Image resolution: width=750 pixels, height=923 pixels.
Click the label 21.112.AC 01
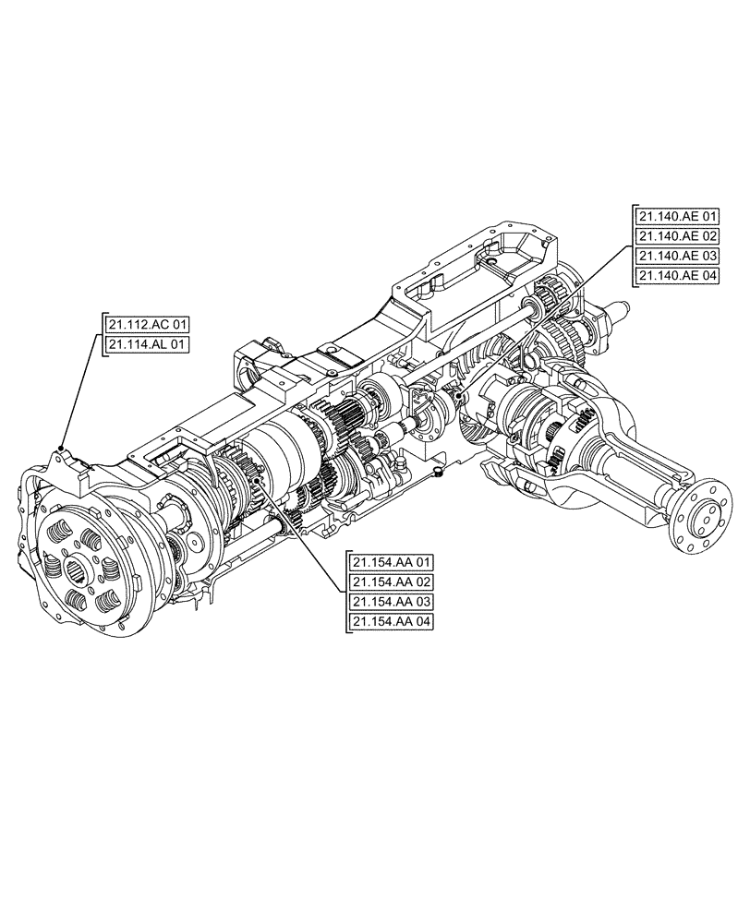[148, 324]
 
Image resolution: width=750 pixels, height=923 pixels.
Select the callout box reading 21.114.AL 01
[148, 344]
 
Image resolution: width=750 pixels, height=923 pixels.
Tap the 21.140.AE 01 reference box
[676, 216]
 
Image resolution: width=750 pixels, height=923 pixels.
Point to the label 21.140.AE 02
[676, 236]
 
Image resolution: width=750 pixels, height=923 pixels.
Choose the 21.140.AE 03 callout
[676, 256]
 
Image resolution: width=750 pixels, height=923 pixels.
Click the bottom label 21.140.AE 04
[676, 276]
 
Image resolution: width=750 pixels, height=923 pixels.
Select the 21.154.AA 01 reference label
[392, 562]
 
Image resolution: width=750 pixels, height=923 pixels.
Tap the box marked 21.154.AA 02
[392, 581]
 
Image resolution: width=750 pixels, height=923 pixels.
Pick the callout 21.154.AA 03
[392, 602]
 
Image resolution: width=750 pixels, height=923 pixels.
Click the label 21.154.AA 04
[392, 621]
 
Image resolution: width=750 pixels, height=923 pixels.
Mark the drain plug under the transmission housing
[439, 473]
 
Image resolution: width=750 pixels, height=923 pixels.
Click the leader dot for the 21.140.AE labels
[459, 394]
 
